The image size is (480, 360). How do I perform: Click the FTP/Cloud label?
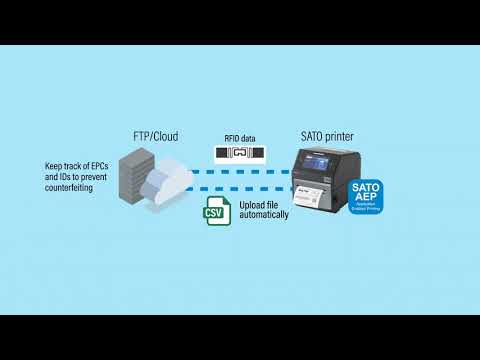156,134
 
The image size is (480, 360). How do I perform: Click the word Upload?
252,205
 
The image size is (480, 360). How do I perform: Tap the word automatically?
264,215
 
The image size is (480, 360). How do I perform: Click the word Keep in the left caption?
54,168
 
